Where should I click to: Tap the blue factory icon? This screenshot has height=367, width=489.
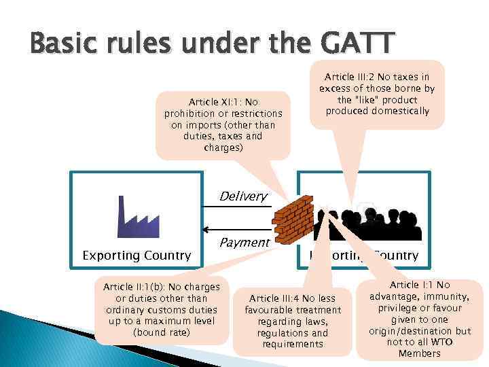pyautogui.click(x=139, y=216)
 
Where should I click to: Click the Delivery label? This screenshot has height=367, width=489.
pyautogui.click(x=242, y=196)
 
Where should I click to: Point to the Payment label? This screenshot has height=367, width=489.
pyautogui.click(x=244, y=242)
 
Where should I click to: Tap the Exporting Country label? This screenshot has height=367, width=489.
pyautogui.click(x=137, y=256)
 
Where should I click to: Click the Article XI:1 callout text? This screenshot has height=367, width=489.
pyautogui.click(x=223, y=122)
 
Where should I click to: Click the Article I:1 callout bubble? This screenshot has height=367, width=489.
pyautogui.click(x=420, y=319)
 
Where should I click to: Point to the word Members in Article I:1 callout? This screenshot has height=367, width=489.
pyautogui.click(x=419, y=353)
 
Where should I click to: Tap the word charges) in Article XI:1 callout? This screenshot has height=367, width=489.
pyautogui.click(x=223, y=147)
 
